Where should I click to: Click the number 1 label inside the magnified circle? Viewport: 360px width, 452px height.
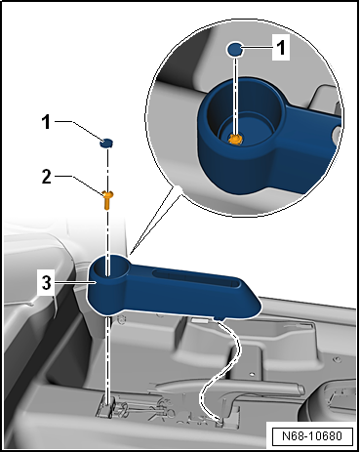coord(279,47)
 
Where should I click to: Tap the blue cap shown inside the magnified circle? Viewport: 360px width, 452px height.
coord(235,49)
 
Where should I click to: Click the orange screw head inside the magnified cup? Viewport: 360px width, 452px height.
coord(234,139)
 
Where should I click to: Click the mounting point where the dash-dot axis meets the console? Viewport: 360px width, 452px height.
coord(110,400)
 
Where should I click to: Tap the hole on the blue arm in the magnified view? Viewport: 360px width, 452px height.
coord(336,128)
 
